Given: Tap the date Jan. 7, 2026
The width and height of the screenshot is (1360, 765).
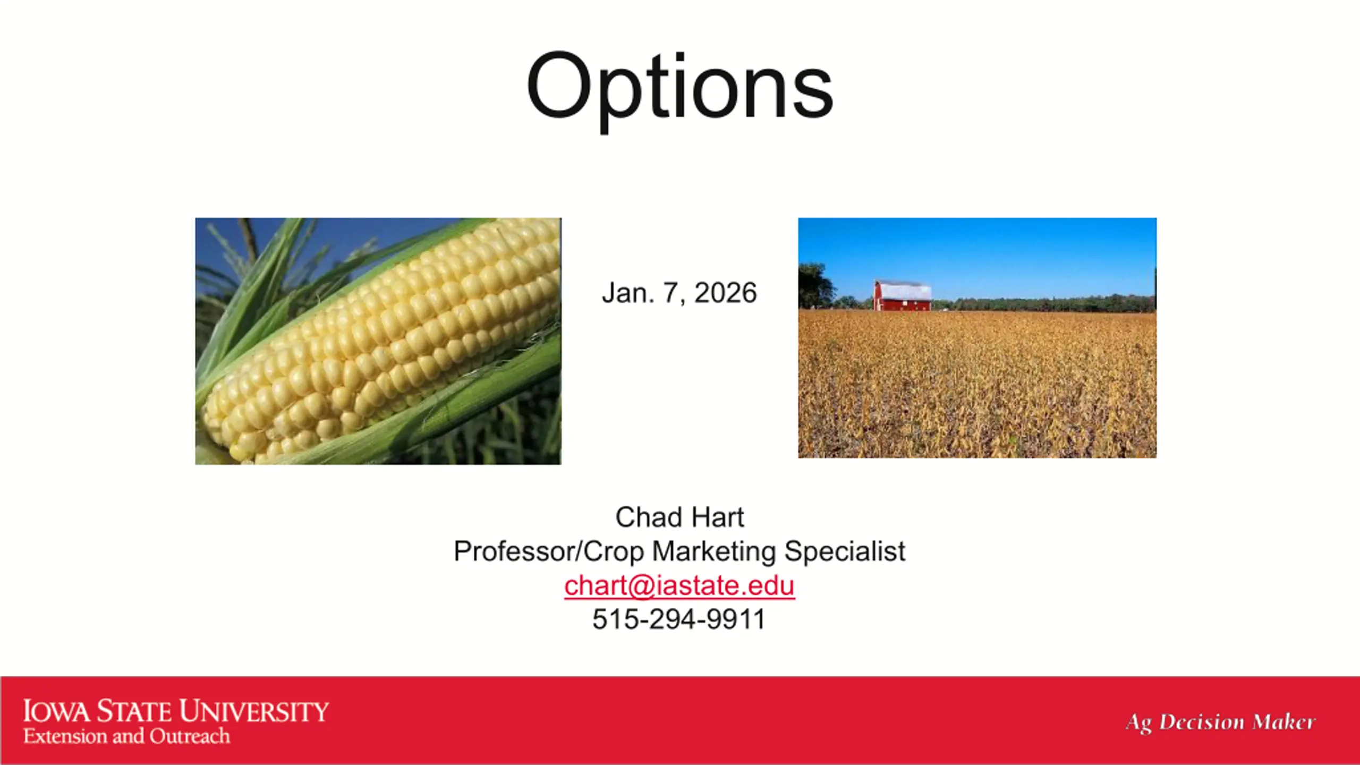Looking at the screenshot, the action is click(679, 293).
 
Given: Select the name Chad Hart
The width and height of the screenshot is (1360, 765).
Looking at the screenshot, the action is click(679, 517).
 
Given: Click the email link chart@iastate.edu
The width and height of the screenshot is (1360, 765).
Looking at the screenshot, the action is click(679, 585).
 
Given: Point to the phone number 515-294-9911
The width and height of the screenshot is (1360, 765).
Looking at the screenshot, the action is click(679, 619).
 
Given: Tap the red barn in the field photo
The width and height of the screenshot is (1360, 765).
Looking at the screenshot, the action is click(903, 296).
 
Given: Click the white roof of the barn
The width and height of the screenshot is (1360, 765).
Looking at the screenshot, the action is click(905, 291).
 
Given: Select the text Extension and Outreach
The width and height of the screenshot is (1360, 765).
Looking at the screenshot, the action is click(126, 736).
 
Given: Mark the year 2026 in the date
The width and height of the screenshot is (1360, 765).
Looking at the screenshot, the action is click(726, 293).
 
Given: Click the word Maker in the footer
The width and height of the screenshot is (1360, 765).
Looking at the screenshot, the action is click(1283, 722).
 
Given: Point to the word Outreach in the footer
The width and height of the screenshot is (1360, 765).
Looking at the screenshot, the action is click(190, 736).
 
